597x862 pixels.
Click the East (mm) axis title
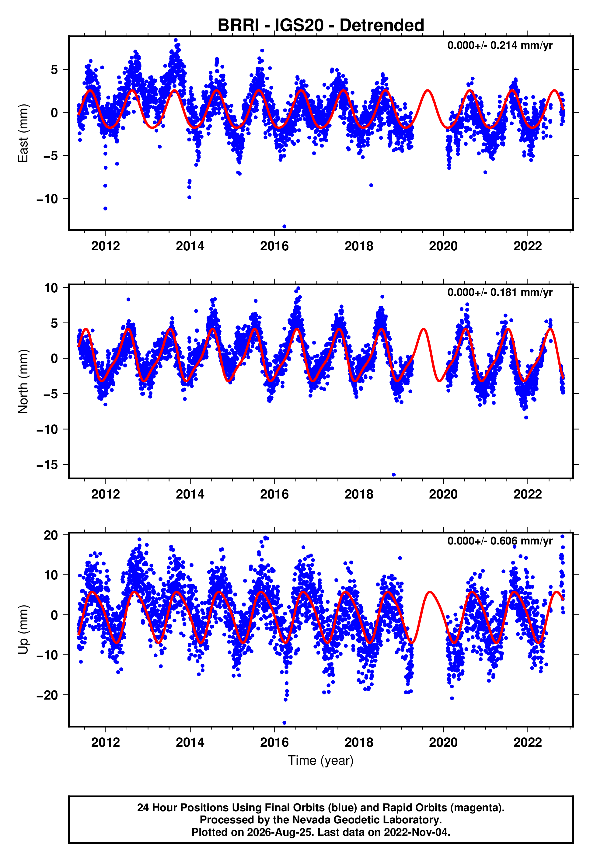click(x=23, y=133)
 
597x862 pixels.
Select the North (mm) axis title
click(x=23, y=381)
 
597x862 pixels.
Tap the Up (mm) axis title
click(x=23, y=629)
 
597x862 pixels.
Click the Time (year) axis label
click(x=321, y=761)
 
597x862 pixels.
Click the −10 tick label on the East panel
click(x=47, y=199)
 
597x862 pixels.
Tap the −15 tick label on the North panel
click(x=47, y=465)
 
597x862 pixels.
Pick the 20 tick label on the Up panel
click(x=51, y=535)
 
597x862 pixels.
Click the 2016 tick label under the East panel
click(x=274, y=246)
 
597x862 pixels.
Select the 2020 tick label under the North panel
click(x=443, y=494)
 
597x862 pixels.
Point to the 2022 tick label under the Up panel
click(x=527, y=742)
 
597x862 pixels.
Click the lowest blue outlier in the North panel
click(x=393, y=475)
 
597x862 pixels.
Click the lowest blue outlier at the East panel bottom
click(x=284, y=227)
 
